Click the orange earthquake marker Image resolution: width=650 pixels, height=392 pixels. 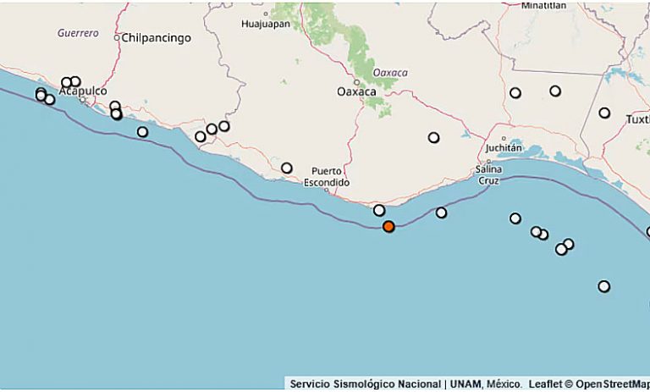[388, 226]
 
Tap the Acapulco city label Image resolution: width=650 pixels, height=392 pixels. [83, 91]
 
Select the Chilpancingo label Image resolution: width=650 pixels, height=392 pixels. [157, 38]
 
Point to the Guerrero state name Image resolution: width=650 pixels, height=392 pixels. [78, 34]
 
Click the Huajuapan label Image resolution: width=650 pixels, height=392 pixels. [265, 24]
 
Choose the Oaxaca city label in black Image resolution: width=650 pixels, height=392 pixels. [356, 91]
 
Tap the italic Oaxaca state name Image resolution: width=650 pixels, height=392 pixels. [390, 73]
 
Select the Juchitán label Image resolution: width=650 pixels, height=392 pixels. [504, 148]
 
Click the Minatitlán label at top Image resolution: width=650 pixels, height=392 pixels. [543, 5]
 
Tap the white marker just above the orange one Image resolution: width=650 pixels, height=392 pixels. [379, 210]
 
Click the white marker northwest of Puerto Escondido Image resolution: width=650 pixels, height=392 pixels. [287, 168]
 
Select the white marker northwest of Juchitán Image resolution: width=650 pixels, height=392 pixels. [433, 137]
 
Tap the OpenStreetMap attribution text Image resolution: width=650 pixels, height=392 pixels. [613, 384]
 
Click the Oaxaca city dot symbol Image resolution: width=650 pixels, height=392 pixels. [357, 82]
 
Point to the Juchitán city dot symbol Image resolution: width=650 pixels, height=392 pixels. [504, 139]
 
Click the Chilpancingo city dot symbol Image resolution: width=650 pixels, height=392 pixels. [118, 38]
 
